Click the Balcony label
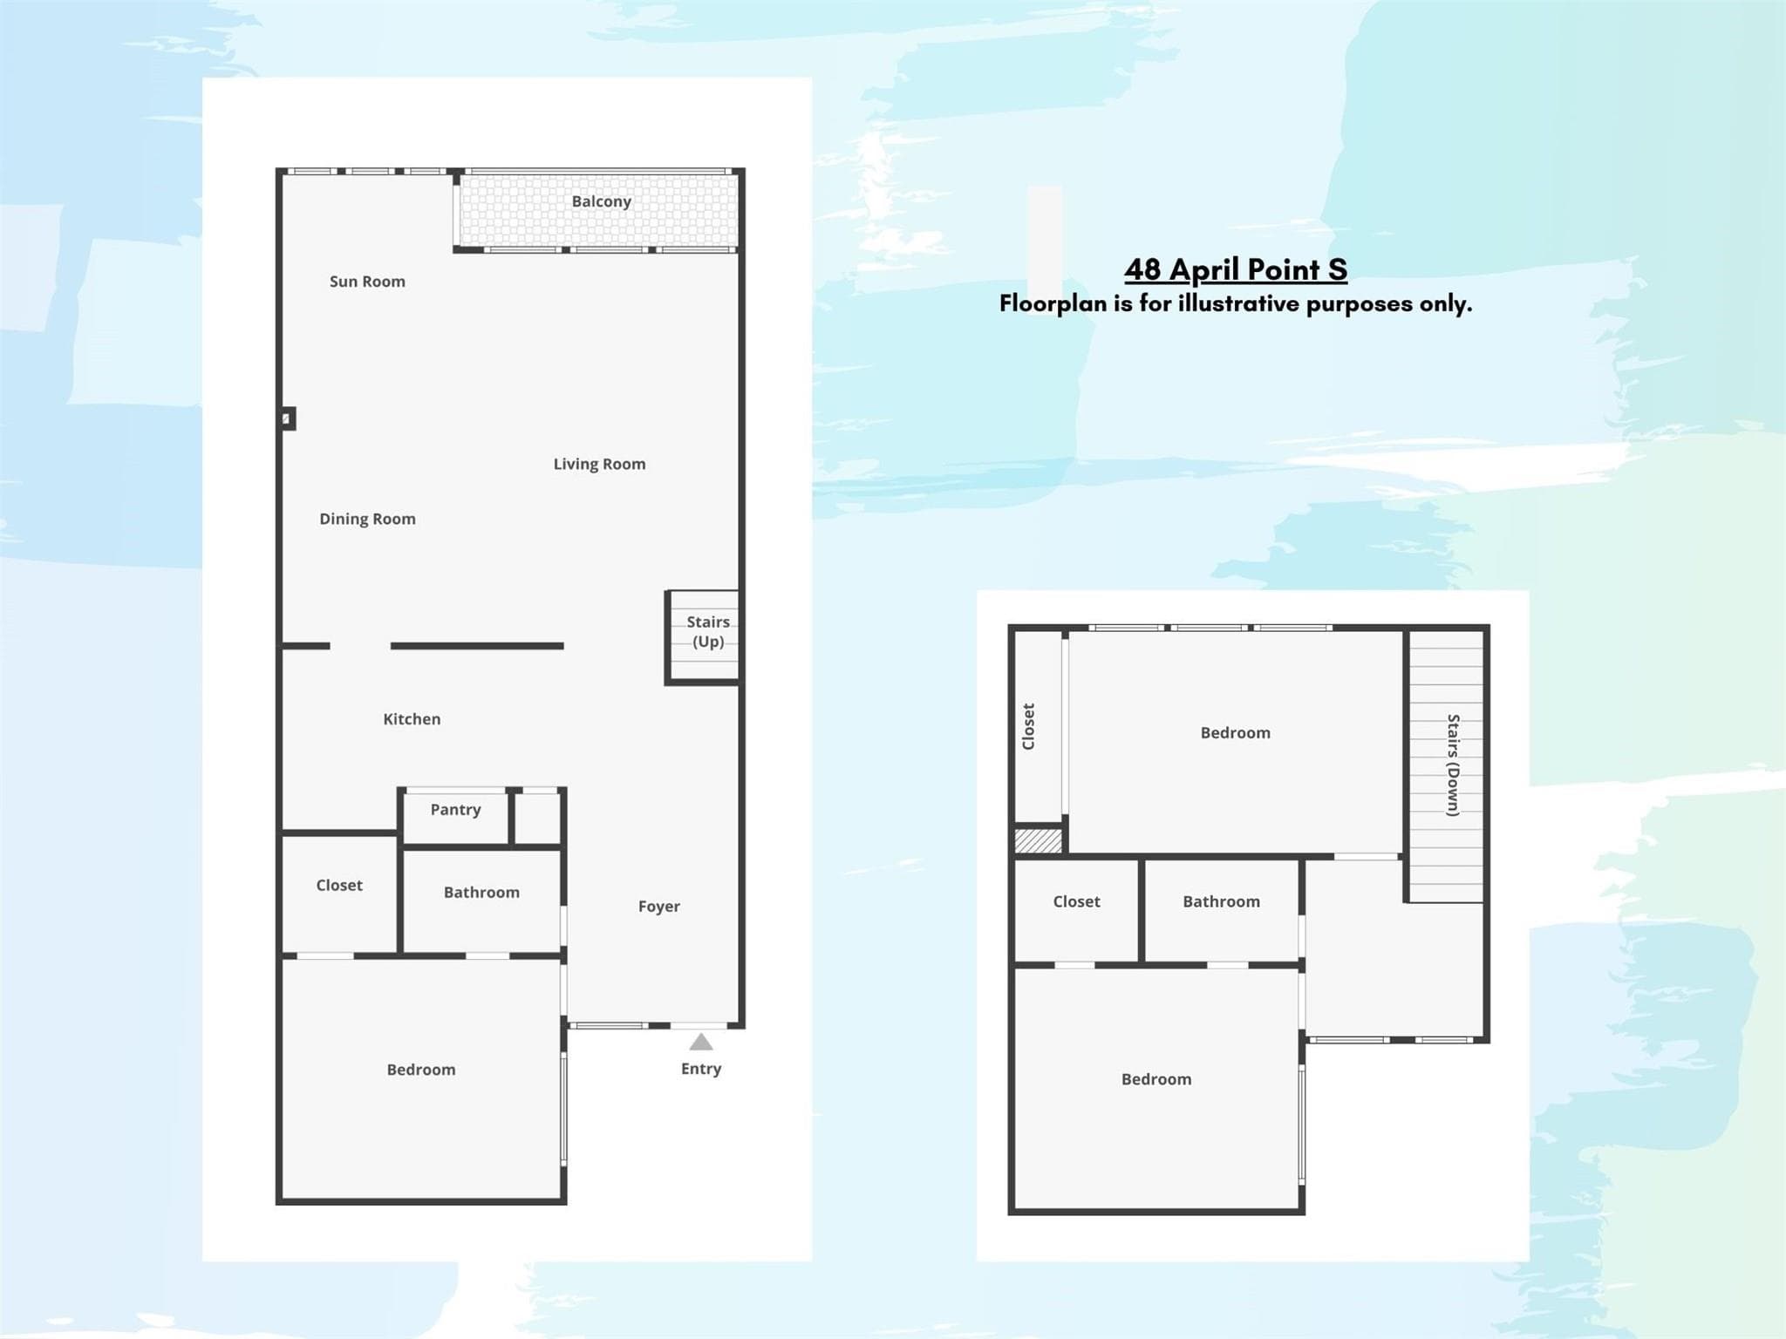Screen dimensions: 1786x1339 pos(601,201)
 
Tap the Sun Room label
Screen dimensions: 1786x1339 pos(367,282)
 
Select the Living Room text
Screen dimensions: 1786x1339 pos(599,465)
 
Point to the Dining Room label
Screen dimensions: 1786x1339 pos(367,520)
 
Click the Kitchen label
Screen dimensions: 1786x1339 pos(412,719)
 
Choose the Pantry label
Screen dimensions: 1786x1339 pos(455,810)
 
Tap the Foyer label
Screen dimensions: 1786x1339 pos(658,907)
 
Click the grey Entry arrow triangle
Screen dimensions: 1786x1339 pos(701,1043)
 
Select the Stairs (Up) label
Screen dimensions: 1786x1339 pos(708,632)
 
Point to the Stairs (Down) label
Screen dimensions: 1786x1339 pos(1453,765)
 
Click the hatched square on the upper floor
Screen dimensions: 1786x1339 pos(1039,840)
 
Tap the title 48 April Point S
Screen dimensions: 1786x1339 pos(1236,270)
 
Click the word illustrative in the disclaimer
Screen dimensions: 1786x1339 pos(1245,303)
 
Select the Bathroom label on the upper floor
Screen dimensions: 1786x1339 pos(1221,902)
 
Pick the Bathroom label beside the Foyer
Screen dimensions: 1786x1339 pos(481,893)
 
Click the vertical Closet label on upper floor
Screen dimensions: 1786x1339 pos(1028,726)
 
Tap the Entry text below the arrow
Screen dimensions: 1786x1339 pos(701,1070)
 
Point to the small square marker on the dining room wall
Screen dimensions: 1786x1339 pos(287,419)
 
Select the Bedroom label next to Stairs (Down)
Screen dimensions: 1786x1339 pos(1235,733)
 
